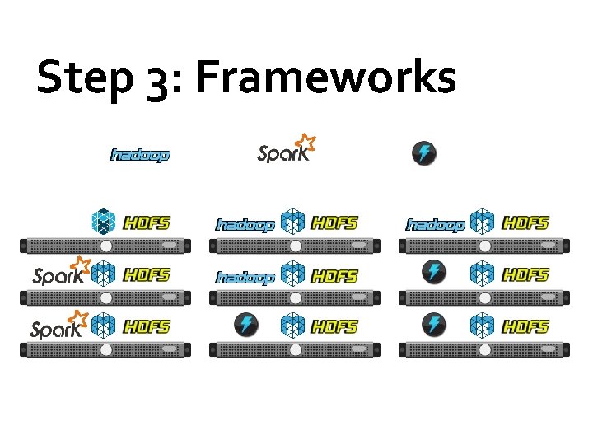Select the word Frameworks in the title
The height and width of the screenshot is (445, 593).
[x=325, y=78]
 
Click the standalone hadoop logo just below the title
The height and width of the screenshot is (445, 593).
[x=140, y=155]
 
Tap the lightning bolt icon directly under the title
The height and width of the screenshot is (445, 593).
[x=423, y=153]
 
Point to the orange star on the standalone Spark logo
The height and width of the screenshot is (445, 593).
[x=306, y=141]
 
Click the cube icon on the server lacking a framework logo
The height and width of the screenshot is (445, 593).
[x=105, y=222]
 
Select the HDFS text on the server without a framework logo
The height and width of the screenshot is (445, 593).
[x=147, y=222]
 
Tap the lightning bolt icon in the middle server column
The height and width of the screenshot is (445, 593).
[x=245, y=325]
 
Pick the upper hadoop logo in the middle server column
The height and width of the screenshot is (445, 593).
[x=245, y=224]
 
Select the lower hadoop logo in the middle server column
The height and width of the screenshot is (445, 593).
[x=245, y=277]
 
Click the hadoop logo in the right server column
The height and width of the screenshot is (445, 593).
[x=437, y=224]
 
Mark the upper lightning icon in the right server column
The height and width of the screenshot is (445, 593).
[x=434, y=273]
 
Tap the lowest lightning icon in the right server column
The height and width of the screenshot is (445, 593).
[x=434, y=325]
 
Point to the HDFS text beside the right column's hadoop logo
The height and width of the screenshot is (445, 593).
[x=525, y=222]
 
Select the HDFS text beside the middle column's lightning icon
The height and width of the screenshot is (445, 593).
[x=335, y=326]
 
